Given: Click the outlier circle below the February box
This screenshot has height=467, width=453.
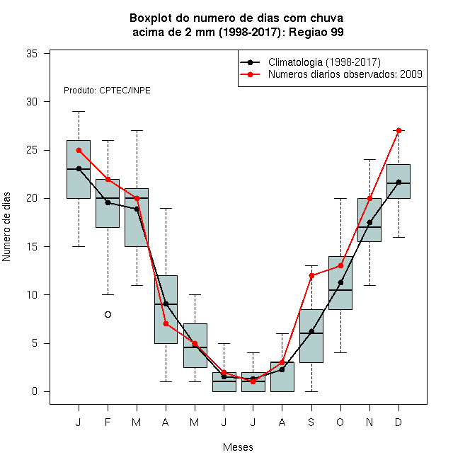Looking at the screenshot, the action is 108,314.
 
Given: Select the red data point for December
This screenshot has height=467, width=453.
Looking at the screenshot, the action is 398,130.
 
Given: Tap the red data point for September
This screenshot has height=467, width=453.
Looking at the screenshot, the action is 311,275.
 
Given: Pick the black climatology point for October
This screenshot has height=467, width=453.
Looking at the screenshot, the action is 340,282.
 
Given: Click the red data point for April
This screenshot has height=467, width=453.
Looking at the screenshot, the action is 166,324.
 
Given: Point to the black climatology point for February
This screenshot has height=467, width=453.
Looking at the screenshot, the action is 108,202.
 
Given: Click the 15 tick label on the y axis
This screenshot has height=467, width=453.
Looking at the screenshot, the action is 32,247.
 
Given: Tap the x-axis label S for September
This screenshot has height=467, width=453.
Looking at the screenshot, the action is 311,422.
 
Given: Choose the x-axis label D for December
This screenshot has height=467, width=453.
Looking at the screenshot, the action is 398,422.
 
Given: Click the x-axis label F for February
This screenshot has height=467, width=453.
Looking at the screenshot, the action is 108,422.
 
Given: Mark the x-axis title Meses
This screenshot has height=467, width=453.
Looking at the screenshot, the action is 238,447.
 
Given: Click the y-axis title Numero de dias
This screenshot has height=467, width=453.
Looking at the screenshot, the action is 6,227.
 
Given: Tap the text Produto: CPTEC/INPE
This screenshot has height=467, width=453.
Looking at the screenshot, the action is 107,91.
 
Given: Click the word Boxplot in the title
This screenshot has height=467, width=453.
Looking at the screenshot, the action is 151,18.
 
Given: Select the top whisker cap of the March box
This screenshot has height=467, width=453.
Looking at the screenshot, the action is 137,130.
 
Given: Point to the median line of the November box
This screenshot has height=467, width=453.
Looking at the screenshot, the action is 369,227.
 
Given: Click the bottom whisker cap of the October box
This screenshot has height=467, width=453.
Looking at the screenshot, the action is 340,352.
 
